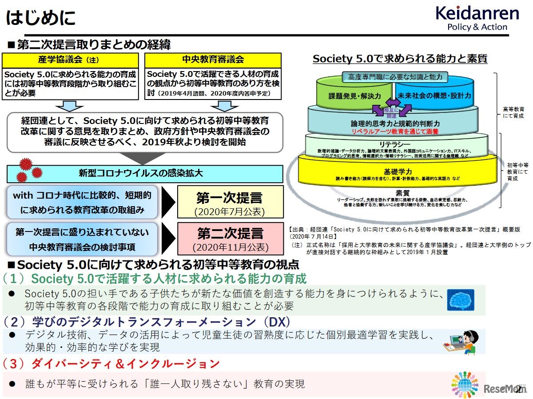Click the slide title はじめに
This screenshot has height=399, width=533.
click(40, 18)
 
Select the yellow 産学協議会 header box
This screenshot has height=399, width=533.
click(71, 60)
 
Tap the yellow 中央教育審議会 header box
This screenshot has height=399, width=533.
click(213, 60)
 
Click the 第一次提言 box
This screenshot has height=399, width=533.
click(230, 202)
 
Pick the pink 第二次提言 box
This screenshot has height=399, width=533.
click(230, 239)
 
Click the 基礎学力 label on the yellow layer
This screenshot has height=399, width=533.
click(398, 171)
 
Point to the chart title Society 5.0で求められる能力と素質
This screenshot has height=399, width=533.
click(400, 59)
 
